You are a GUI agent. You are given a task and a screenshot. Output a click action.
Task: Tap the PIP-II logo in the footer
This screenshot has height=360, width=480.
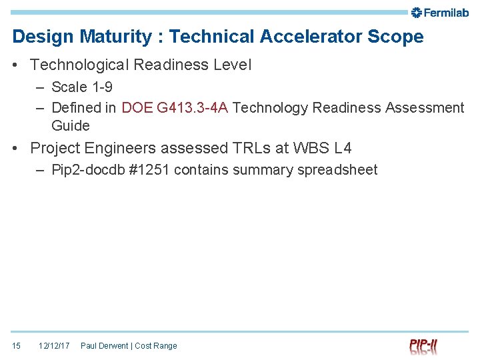(x=424, y=345)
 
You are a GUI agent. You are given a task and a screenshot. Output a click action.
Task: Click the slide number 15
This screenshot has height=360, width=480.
(x=17, y=345)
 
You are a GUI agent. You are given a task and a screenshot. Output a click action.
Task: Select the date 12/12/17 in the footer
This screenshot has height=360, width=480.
(x=54, y=345)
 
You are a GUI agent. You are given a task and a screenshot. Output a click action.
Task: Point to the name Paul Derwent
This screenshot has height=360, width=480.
(x=104, y=345)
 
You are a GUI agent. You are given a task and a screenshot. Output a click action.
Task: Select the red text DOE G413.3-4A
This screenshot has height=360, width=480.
(x=175, y=107)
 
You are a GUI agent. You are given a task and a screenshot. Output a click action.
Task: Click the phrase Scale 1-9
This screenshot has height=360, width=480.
(x=81, y=87)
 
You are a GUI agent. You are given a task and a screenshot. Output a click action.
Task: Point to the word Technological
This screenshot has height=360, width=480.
(x=85, y=65)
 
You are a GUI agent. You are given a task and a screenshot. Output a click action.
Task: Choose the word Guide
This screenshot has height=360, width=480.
(x=70, y=125)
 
